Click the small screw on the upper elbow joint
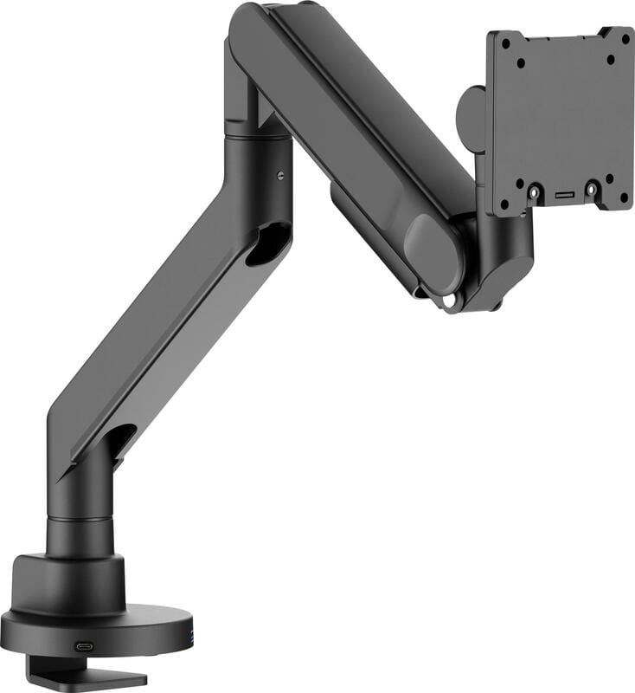tap(282, 175)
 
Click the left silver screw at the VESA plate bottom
tap(535, 190)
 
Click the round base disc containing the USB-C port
tap(95, 627)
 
